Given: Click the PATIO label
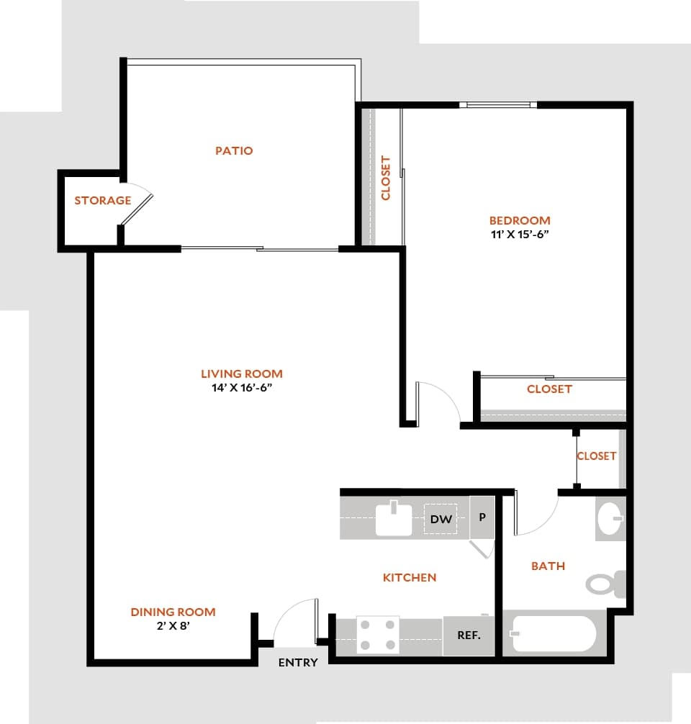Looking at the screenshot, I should (234, 151).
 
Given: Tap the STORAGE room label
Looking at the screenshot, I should (103, 201).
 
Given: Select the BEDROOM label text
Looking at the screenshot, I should (520, 221).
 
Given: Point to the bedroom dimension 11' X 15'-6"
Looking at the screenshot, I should (520, 235).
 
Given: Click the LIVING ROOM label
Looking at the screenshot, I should (242, 374).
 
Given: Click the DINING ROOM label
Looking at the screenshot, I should (173, 612).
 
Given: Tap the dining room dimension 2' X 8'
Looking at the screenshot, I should (173, 626).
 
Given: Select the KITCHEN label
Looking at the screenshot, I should (410, 577).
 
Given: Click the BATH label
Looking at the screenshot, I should (548, 566).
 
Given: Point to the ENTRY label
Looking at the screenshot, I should (298, 663).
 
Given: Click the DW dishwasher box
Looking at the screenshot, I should (441, 519).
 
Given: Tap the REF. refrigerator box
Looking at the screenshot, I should (469, 636).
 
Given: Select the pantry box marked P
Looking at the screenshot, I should (482, 517).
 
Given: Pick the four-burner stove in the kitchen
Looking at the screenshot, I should (378, 635).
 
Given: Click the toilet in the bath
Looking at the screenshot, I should (605, 583).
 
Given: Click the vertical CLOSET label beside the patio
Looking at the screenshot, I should (386, 178).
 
